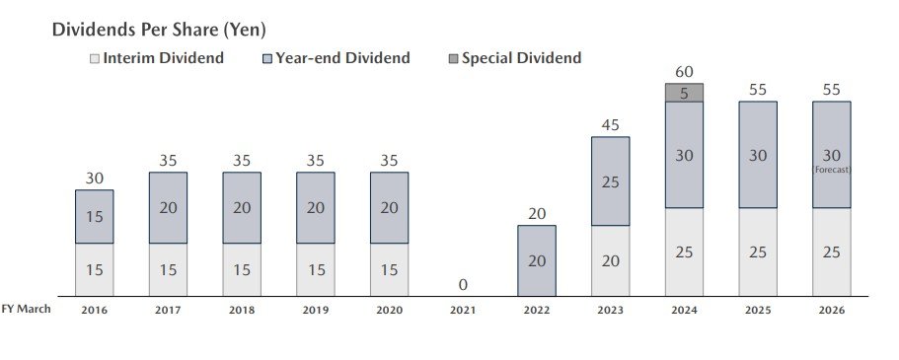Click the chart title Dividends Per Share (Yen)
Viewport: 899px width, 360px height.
159,31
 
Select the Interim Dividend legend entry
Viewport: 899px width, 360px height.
157,58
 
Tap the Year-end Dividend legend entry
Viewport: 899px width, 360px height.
335,58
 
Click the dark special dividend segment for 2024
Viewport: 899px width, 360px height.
684,93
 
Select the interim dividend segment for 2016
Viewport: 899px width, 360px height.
95,269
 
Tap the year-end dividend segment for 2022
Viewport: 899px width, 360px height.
536,260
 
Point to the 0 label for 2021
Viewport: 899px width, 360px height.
463,285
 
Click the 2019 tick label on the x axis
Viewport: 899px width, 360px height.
315,310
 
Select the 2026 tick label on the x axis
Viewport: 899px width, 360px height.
831,310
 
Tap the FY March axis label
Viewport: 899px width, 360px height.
26,309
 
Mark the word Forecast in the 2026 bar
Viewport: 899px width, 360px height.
832,170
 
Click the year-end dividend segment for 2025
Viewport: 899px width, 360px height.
758,154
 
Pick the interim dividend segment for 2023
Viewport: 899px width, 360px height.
610,260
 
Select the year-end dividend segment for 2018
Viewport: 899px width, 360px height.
242,207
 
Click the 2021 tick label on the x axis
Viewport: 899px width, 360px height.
463,310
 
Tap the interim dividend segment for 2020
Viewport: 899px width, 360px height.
389,269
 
